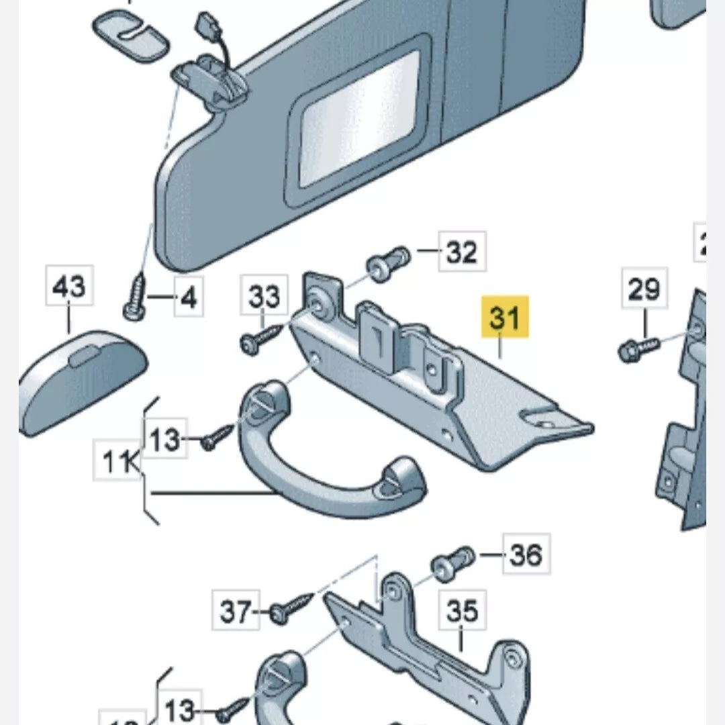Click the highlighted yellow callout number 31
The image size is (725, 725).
(x=505, y=318)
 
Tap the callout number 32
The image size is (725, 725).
(x=462, y=252)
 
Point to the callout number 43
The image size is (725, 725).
(x=70, y=287)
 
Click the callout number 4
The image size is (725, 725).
(x=189, y=297)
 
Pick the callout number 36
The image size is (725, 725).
(x=526, y=554)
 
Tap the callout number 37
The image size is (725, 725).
(x=236, y=612)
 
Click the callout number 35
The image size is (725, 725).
(x=462, y=612)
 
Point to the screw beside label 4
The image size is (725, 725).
(x=136, y=297)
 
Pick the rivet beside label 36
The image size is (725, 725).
(x=453, y=563)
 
